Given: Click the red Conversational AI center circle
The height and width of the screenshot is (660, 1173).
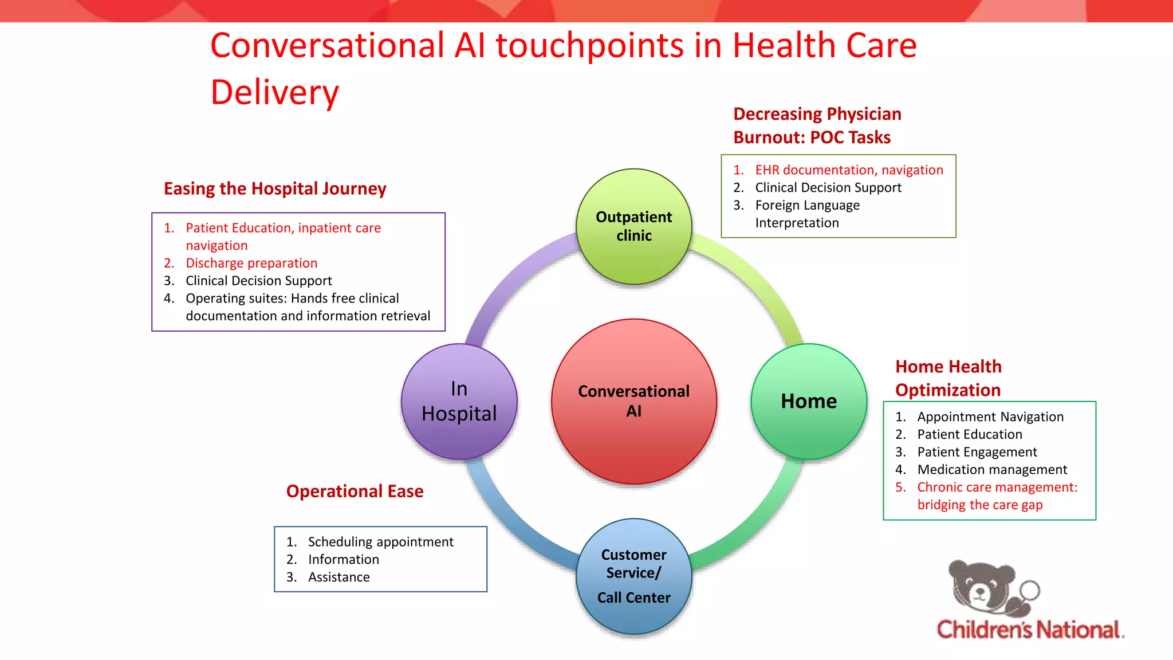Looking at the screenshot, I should point(633,401).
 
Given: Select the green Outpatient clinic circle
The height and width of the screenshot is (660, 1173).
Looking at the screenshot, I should point(633,226).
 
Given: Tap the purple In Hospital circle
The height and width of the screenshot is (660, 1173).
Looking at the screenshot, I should point(459,401).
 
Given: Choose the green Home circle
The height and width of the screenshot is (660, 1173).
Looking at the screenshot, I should point(808,401).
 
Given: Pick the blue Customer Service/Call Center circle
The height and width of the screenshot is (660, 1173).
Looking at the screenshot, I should point(633,576).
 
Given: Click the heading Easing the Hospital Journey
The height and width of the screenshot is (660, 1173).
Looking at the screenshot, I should point(275,188).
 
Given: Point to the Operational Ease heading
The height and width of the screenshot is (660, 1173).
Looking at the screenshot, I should point(355,491).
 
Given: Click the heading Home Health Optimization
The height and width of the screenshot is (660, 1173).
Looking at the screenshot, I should point(948,378).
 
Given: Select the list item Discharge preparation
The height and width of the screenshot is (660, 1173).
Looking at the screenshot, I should point(251,263).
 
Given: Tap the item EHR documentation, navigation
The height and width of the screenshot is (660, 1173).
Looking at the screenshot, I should point(848,170).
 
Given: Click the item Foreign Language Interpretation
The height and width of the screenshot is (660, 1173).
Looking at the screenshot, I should point(807,214).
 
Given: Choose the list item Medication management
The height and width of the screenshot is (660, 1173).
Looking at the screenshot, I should point(991,470).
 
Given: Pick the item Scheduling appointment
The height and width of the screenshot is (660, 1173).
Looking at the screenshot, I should point(380,542).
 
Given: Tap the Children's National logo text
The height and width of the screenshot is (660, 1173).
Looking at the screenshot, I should point(1029,630).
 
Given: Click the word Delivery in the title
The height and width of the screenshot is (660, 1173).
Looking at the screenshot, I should point(275,93).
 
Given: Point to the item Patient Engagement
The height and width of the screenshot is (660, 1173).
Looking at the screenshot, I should point(977,452).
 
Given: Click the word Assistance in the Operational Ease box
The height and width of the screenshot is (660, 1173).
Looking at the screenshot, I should point(338,577).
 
